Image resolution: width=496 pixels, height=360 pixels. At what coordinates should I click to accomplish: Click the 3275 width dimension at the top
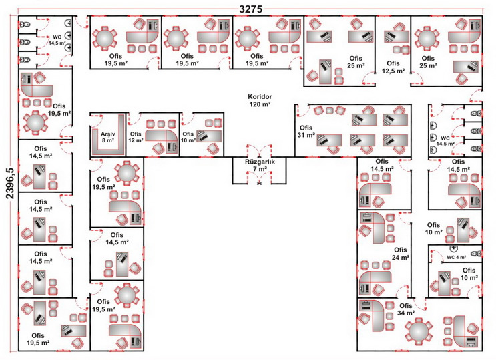point(251,9)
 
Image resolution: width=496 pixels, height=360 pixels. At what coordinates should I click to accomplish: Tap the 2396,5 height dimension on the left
point(10,183)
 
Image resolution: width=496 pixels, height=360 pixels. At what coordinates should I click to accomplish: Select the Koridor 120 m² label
point(260,100)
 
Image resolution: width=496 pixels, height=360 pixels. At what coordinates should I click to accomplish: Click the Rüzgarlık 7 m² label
point(260,165)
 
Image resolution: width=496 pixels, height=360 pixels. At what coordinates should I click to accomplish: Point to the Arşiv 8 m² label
point(108,137)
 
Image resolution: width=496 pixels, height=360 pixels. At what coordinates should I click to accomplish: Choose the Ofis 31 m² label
point(306,131)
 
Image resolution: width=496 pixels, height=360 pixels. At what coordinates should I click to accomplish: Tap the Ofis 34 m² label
point(405,309)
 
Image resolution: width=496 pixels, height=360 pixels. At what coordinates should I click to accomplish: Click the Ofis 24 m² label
point(401,254)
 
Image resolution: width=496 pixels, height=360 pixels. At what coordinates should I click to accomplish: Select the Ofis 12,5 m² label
point(393,67)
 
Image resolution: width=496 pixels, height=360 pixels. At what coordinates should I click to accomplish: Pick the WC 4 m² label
point(456,257)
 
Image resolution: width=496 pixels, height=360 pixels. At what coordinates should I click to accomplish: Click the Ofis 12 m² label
point(136,137)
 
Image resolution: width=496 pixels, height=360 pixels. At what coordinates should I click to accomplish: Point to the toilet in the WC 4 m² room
point(476,254)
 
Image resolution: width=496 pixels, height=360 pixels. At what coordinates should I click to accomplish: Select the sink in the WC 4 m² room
point(453,249)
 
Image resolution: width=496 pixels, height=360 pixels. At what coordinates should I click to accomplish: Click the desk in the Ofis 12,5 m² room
point(397,37)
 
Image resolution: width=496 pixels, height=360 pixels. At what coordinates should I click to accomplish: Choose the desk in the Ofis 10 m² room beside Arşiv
point(209,136)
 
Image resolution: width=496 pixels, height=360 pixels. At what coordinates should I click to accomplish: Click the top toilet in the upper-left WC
point(25,24)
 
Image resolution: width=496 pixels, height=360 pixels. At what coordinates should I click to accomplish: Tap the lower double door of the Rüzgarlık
point(260,178)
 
